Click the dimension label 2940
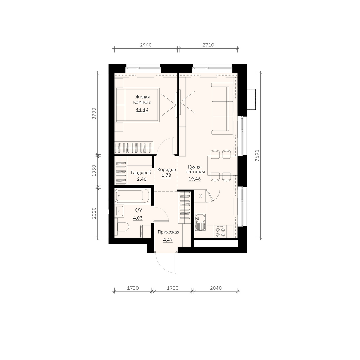(146, 45)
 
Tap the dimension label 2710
(208, 45)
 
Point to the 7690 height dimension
(257, 156)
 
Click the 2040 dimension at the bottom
(216, 288)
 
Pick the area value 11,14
(142, 110)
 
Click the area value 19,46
(194, 179)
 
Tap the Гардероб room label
(141, 172)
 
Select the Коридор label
(166, 169)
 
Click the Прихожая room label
(169, 232)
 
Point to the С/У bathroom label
(138, 210)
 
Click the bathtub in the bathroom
(133, 196)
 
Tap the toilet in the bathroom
(122, 227)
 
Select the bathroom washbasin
(120, 211)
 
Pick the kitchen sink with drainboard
(200, 222)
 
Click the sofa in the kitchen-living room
(222, 109)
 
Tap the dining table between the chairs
(222, 165)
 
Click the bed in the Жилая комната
(137, 105)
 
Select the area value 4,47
(168, 240)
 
